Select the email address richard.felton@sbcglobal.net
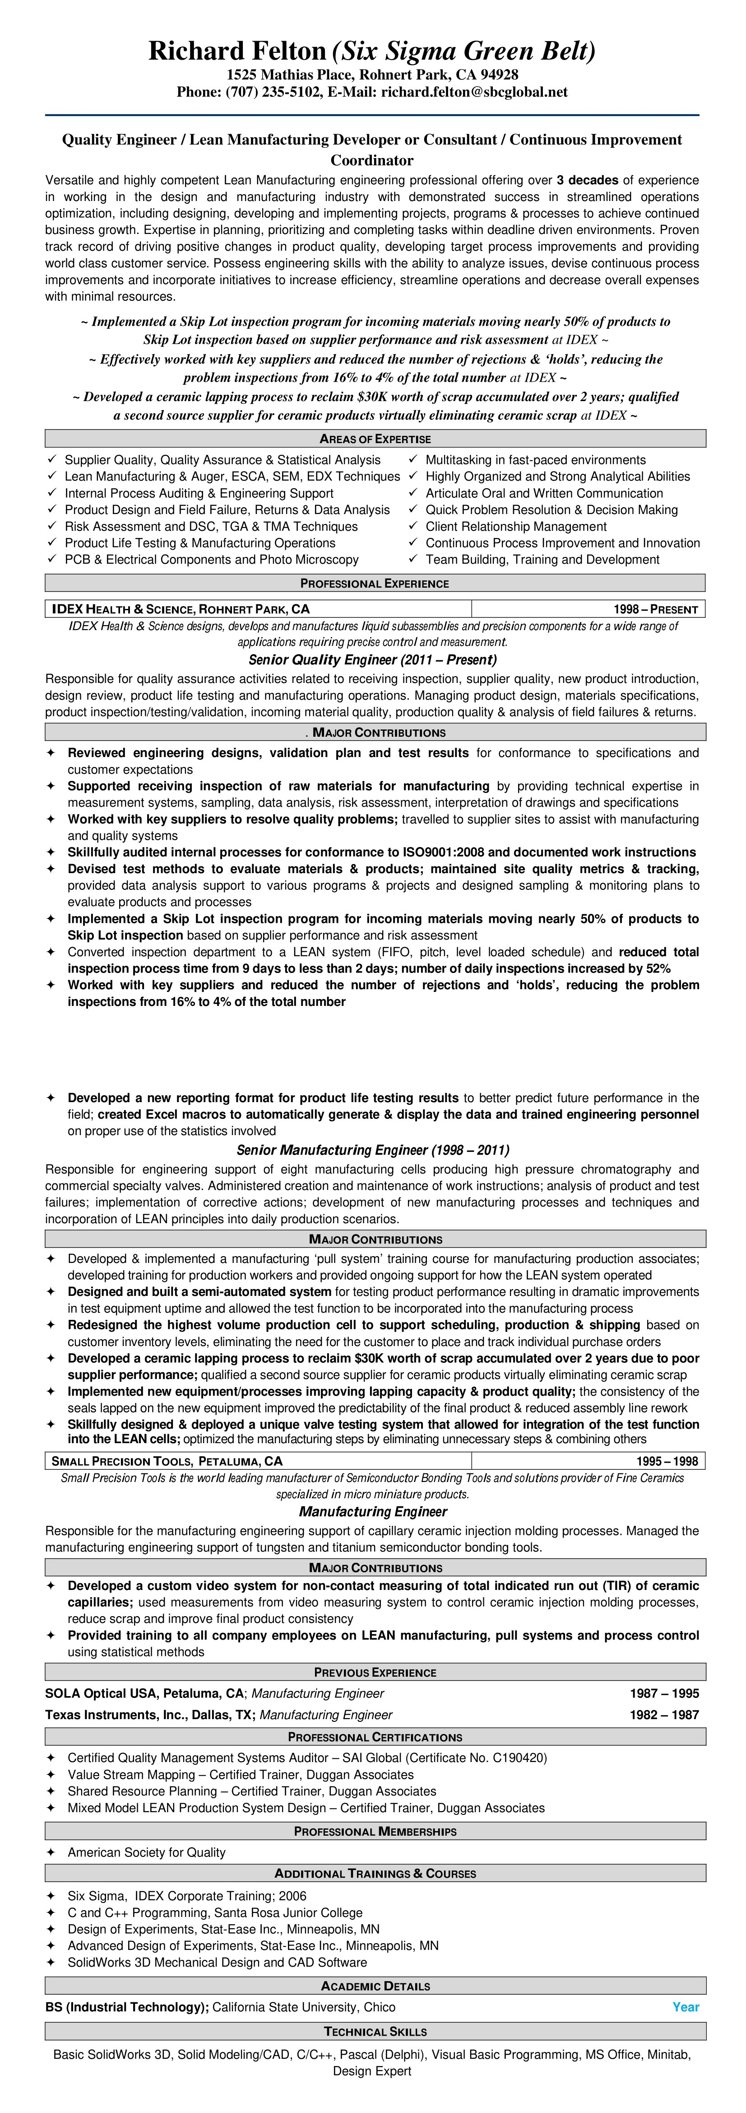(x=474, y=92)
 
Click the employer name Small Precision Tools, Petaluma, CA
(x=167, y=1461)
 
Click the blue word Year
(x=686, y=2007)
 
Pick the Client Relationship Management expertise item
(x=516, y=527)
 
